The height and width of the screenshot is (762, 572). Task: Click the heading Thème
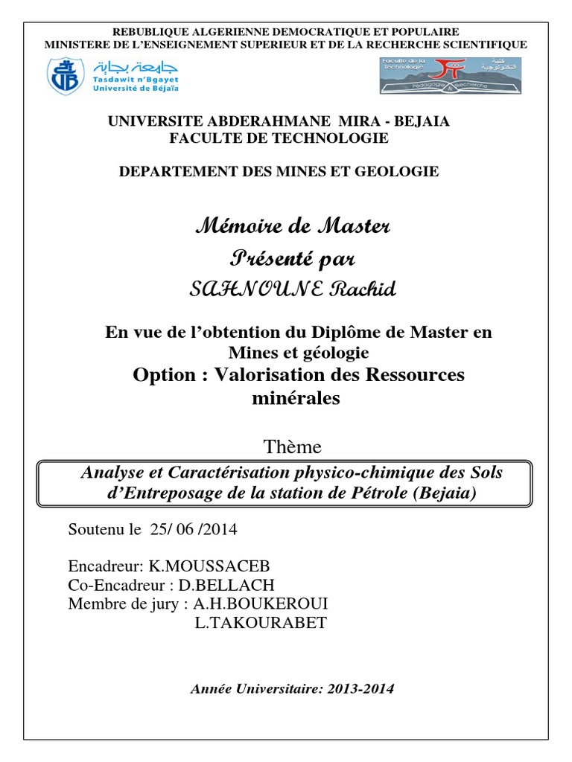[293, 447]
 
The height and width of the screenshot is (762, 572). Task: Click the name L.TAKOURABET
[260, 623]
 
